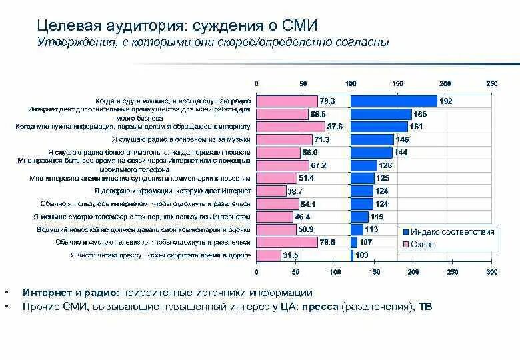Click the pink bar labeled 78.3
coord(287,101)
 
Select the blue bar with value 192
coord(393,101)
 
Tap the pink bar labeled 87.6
coord(291,126)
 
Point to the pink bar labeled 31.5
coord(269,255)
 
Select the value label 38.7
coord(295,191)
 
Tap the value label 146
coord(402,139)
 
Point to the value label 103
coord(362,255)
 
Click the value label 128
coord(385,165)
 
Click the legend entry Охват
coord(422,244)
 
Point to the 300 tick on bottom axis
coord(492,272)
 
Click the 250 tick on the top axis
coord(492,83)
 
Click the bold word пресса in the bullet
coord(321,307)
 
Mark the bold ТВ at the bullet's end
coord(425,307)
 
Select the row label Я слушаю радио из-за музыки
coord(181,139)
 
